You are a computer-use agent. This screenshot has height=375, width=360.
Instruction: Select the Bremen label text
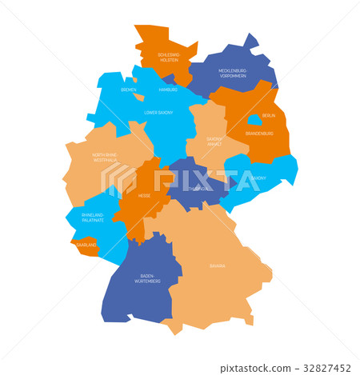[x=128, y=90]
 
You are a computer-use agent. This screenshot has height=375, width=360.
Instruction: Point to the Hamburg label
[x=168, y=90]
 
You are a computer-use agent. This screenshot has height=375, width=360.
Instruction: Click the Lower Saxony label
[x=158, y=114]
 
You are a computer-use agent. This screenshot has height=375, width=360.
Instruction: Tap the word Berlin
[x=268, y=116]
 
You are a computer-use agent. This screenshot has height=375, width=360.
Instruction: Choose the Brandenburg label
[x=259, y=134]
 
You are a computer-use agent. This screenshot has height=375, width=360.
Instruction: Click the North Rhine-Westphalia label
[x=105, y=158]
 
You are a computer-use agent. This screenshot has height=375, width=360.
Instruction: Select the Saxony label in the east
[x=258, y=178]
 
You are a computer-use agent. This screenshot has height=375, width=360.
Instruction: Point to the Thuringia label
[x=199, y=188]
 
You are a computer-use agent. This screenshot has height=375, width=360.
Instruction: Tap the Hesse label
[x=144, y=196]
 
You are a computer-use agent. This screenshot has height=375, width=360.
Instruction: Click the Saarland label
[x=86, y=245]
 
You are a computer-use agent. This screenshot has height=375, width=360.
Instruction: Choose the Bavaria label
[x=217, y=266]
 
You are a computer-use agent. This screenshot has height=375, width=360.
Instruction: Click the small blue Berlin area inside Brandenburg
[x=254, y=120]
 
